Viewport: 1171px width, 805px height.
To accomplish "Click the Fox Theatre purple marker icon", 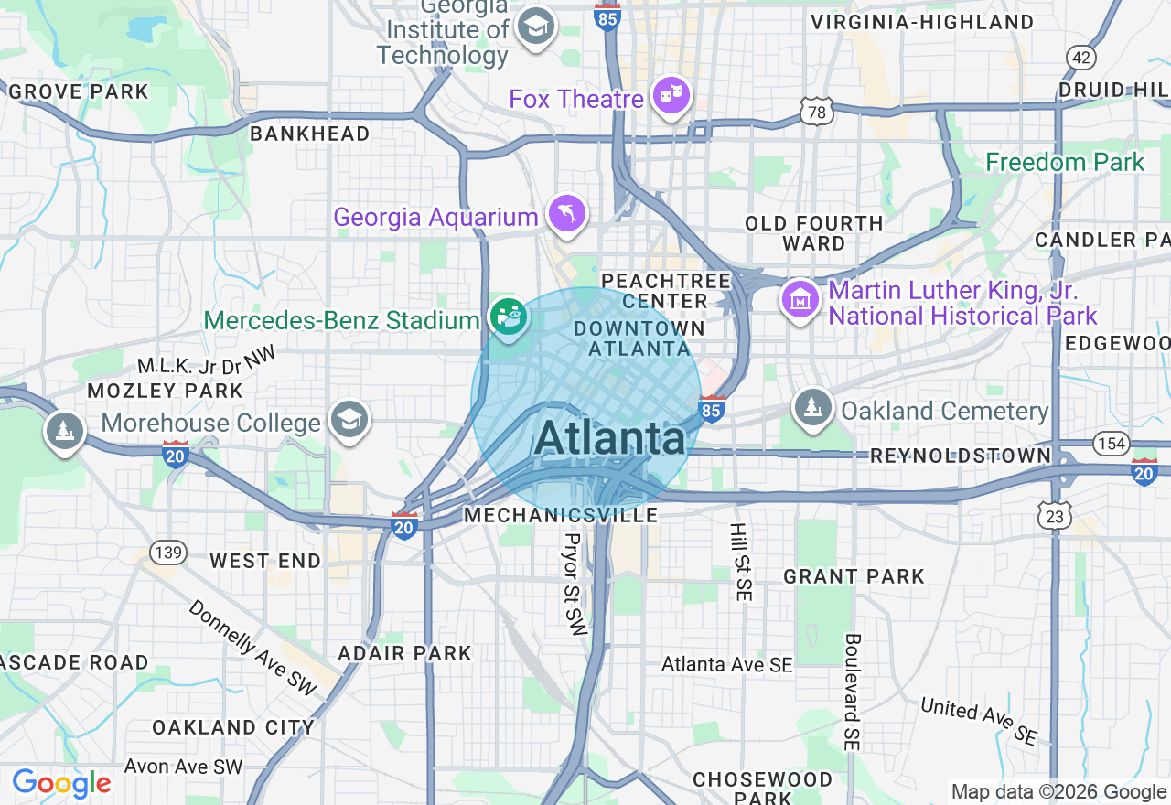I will coord(671,95).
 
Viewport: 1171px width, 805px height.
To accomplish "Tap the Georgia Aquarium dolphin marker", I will coord(567,213).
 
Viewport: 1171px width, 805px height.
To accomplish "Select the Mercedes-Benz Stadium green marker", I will coord(508,317).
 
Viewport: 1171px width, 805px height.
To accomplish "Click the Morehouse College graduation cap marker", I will coord(349,420).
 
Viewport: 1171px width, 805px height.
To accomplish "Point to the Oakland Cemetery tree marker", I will coord(811,405).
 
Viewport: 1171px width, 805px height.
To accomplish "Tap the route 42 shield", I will coord(1080,58).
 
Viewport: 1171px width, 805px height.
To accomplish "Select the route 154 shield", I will coord(1111,444).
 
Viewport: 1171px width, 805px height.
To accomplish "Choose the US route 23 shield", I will coord(1055,517).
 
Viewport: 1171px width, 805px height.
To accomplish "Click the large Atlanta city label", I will coord(609,438).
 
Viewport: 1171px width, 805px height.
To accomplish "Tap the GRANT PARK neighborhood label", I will coord(854,576).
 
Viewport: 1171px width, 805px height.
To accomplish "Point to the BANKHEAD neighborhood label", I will coord(309,134).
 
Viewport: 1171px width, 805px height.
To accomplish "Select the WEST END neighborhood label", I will coord(265,561).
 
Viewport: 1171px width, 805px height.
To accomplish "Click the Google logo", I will coord(61,783).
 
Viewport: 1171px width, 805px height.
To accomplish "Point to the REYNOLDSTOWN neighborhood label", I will coord(961,456).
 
